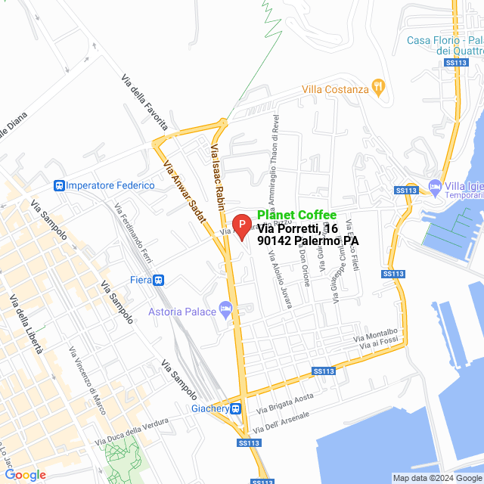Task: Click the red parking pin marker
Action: [x=241, y=225]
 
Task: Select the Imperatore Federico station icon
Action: [x=58, y=185]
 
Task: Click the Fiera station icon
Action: [x=159, y=280]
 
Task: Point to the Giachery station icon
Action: [x=236, y=409]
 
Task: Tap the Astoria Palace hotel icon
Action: [x=225, y=309]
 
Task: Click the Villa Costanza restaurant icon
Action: [x=377, y=88]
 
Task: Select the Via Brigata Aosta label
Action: [x=284, y=404]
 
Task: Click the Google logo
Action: [x=25, y=474]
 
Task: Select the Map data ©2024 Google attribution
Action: [x=436, y=478]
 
